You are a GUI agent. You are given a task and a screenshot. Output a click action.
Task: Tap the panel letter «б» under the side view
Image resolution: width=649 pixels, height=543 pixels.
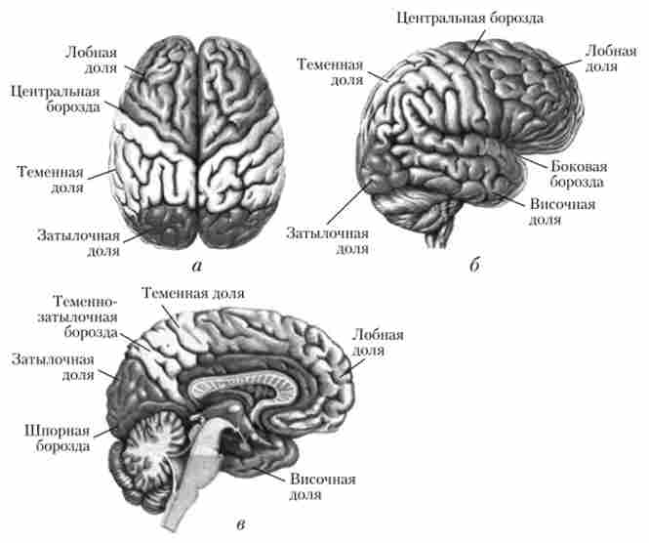pos(474,265)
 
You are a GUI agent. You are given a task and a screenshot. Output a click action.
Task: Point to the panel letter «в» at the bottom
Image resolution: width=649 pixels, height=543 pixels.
pos(240,524)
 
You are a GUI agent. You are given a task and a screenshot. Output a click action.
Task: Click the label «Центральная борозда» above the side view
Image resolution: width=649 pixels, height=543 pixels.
pos(469,19)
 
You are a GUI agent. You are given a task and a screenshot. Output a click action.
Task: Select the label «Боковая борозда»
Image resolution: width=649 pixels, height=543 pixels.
pos(579,174)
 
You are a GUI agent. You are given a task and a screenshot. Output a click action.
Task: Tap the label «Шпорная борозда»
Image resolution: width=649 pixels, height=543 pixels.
pos(58,439)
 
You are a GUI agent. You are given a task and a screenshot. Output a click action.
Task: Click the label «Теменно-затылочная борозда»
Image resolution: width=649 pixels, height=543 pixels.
pos(78,316)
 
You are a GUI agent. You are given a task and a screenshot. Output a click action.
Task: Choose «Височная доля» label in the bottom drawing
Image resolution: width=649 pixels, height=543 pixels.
pos(322,487)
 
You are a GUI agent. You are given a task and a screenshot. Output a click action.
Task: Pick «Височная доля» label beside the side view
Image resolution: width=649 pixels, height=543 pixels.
pos(562,212)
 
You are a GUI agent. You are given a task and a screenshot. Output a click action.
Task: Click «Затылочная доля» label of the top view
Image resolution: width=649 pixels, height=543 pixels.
pos(79,243)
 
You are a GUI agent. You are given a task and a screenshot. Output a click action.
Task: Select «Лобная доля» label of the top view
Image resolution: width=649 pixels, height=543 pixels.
pos(92,60)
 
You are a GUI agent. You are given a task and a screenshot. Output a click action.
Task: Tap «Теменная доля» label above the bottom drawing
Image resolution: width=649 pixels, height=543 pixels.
pos(193,293)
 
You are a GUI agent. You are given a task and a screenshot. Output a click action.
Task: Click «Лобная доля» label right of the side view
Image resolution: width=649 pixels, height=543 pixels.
pos(611,59)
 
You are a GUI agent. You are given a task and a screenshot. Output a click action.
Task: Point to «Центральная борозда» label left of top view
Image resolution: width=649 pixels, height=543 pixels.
pos(56,99)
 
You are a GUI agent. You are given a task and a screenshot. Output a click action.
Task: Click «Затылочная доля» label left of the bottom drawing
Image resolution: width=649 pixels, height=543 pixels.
pos(54,367)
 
